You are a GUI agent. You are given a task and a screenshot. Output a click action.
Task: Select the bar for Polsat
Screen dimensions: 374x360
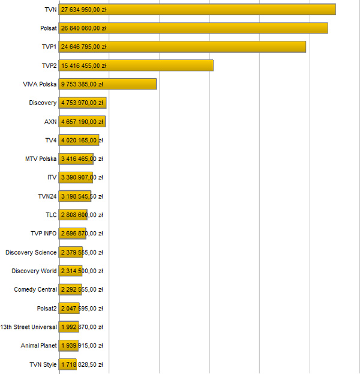click(x=193, y=28)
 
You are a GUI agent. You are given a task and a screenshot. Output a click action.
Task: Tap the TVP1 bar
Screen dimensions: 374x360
click(x=182, y=47)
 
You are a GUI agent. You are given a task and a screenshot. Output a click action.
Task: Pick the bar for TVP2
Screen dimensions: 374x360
click(x=136, y=65)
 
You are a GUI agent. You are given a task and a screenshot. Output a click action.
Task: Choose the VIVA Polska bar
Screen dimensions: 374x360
click(x=108, y=84)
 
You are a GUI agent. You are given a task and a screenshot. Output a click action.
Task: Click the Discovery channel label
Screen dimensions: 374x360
click(x=43, y=103)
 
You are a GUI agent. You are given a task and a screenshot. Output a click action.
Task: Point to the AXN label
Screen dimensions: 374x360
click(x=50, y=121)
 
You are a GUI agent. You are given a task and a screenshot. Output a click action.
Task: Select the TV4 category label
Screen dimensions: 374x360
click(x=50, y=140)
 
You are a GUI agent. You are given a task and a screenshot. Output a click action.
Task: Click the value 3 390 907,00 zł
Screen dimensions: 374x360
click(x=82, y=178)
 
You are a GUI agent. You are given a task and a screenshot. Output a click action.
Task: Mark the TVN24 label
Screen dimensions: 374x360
click(x=47, y=196)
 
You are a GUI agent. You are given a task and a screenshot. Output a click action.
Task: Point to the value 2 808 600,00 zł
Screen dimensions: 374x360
click(x=82, y=215)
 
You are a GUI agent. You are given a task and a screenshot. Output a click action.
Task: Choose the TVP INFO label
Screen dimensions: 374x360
click(x=43, y=234)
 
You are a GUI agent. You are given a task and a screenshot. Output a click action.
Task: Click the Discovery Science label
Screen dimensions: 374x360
click(x=31, y=252)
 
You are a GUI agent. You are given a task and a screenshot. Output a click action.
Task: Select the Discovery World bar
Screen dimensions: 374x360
click(x=71, y=271)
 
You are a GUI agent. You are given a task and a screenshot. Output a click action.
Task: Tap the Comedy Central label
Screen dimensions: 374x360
click(x=35, y=289)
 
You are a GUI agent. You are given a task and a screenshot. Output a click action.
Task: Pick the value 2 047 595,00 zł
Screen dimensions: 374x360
click(x=82, y=309)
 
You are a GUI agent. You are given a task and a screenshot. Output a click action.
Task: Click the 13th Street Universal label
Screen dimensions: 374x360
click(x=29, y=327)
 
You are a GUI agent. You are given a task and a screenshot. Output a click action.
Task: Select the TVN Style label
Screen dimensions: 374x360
click(x=43, y=364)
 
